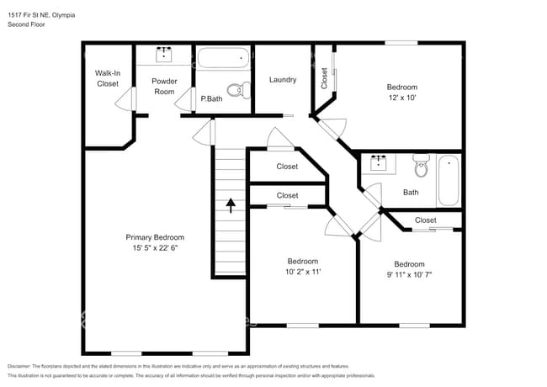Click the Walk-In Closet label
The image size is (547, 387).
[x=107, y=78]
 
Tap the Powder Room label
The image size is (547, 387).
[x=163, y=86]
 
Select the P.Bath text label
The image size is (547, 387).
[x=211, y=99]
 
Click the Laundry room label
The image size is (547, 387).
[x=283, y=80]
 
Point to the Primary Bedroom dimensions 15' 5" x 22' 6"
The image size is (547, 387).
[x=155, y=248]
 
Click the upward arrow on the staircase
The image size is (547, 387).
[x=231, y=204]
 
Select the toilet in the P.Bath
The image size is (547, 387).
[x=238, y=88]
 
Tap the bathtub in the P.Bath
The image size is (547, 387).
[x=223, y=61]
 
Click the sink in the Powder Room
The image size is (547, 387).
[x=164, y=56]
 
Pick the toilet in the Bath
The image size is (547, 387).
[x=420, y=168]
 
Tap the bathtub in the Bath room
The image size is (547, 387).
[x=449, y=180]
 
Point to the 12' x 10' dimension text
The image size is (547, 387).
[x=401, y=98]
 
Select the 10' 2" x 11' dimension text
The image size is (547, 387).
[x=302, y=273]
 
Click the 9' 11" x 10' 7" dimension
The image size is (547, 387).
[x=409, y=275]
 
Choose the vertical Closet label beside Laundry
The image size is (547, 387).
[x=325, y=77]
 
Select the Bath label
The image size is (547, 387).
[x=411, y=192]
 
